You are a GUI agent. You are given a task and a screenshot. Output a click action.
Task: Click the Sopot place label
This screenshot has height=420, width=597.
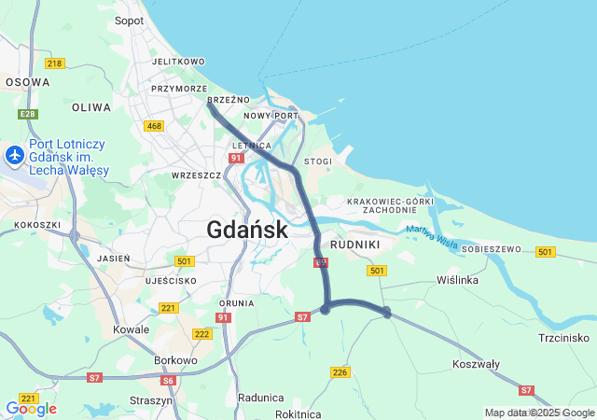(129, 21)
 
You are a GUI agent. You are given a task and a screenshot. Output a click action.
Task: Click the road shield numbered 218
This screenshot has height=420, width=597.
(54, 63)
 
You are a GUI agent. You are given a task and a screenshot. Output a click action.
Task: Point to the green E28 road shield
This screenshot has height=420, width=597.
(29, 114)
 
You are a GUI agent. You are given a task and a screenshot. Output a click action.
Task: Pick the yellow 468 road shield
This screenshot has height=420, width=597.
(154, 126)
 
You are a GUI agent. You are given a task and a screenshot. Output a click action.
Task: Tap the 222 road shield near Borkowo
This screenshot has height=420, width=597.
(201, 334)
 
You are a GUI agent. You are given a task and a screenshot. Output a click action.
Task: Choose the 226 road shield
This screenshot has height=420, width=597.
(340, 372)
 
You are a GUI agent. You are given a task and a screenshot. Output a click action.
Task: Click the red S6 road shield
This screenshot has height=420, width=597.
(168, 380)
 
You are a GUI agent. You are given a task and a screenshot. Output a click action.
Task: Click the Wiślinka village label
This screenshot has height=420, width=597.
(457, 280)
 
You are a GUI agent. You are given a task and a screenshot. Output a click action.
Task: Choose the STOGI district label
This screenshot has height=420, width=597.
(318, 161)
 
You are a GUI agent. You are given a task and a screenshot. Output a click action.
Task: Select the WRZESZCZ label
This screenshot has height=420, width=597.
(196, 175)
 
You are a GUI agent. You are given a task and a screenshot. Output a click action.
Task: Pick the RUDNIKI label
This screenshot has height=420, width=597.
(355, 245)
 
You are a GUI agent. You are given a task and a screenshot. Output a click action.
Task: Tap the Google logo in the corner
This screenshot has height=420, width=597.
(31, 409)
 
